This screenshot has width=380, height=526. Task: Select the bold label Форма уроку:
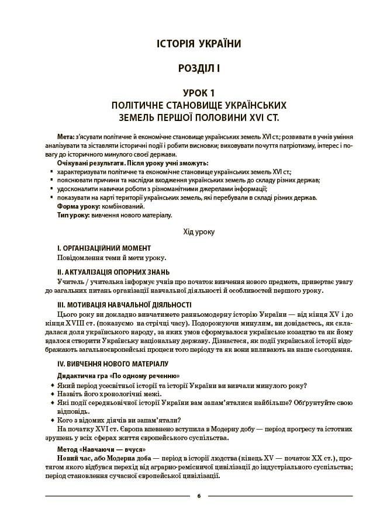coord(80,206)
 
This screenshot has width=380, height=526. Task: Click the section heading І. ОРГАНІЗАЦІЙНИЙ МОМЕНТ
coord(104,248)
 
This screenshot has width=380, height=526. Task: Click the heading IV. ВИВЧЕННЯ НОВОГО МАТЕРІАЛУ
coord(111,364)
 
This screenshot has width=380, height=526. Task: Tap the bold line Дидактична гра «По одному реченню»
coord(118,375)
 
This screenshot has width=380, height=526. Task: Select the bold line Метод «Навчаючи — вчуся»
coord(101,449)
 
